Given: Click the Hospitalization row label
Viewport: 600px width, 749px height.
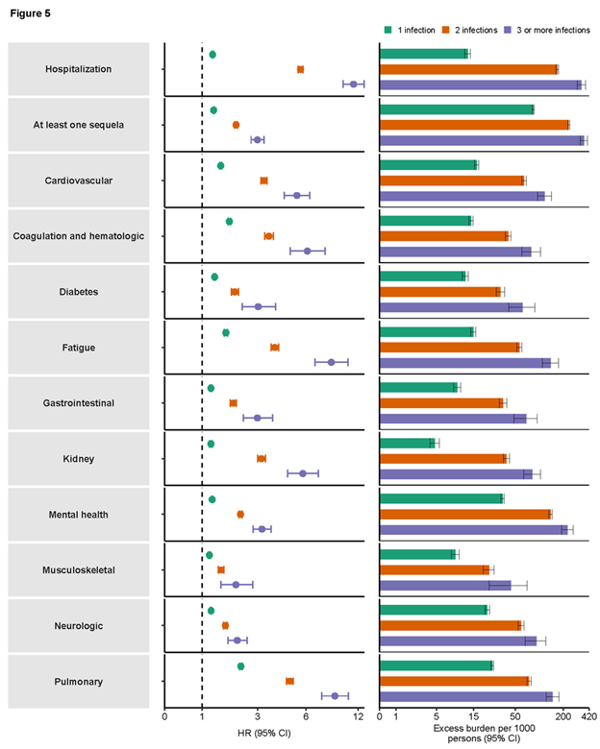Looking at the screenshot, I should (x=79, y=69).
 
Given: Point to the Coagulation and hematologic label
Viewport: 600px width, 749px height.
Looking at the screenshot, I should (x=79, y=236).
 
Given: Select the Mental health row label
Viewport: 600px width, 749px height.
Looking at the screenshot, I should (x=79, y=515).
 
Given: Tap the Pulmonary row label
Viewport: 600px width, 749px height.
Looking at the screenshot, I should (x=79, y=682).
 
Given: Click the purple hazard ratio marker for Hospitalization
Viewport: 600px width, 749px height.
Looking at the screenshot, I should (x=354, y=85).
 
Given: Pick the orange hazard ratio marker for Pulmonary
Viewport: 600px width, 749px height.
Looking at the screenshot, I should (x=289, y=681).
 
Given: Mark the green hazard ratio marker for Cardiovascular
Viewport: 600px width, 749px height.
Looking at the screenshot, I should (x=220, y=166).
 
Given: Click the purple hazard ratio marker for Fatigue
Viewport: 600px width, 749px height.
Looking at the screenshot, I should (x=331, y=362).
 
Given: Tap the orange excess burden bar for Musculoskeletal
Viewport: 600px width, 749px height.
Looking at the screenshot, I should (x=435, y=569).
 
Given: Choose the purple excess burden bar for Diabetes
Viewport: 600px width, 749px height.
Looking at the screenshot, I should (x=451, y=307).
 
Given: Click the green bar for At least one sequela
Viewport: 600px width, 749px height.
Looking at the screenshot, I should (x=457, y=109).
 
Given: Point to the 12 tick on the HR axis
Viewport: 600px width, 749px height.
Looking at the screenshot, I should (x=358, y=716).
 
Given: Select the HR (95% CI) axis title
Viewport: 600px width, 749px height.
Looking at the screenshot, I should (x=263, y=733).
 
